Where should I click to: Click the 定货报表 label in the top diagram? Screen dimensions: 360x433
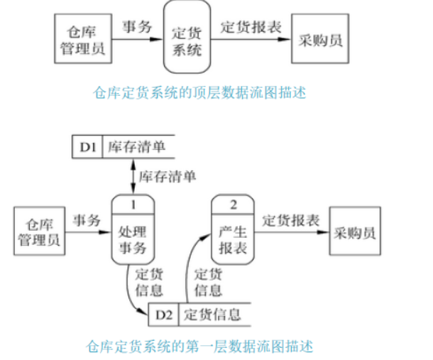(x=251, y=28)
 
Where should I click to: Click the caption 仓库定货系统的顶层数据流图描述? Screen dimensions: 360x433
(x=199, y=92)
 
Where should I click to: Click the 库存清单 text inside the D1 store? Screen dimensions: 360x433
(x=136, y=147)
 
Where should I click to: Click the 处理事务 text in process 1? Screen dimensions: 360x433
(x=133, y=239)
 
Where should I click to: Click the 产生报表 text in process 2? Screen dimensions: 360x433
(x=234, y=239)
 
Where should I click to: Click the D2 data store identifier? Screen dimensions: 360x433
(x=164, y=313)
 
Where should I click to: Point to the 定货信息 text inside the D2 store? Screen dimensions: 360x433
(x=212, y=313)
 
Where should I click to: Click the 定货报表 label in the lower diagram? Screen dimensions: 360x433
(x=291, y=219)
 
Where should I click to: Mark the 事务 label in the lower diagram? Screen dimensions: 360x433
(x=85, y=219)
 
